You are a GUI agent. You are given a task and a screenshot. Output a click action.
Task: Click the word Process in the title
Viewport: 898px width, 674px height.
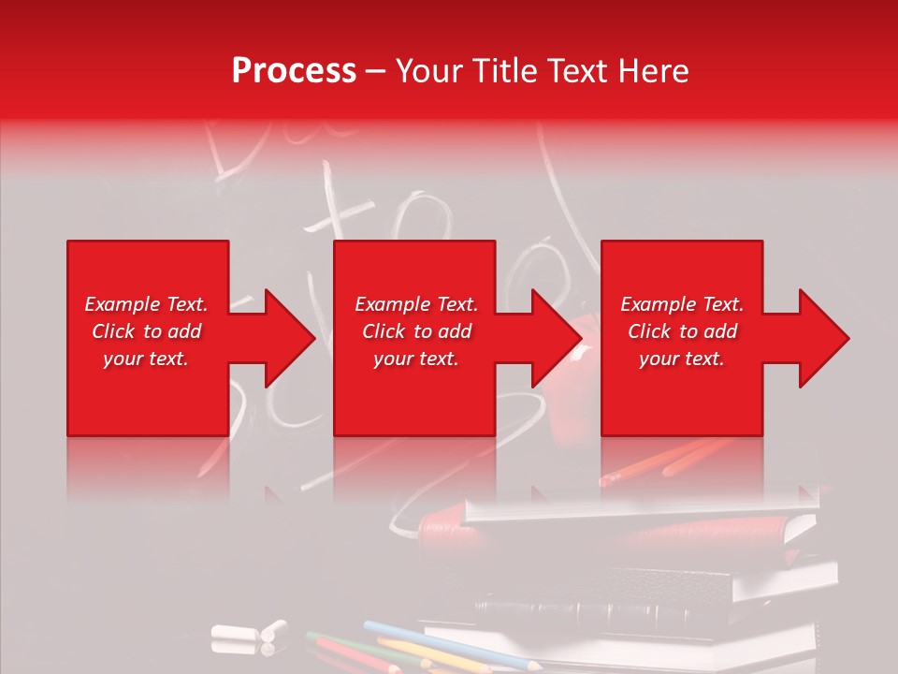(x=294, y=71)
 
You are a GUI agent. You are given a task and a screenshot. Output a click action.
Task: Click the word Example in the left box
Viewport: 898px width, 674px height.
(x=122, y=304)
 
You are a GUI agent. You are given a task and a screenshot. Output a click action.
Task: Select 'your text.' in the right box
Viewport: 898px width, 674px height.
(x=682, y=359)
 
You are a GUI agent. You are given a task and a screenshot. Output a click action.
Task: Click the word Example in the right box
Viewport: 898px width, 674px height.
(x=658, y=304)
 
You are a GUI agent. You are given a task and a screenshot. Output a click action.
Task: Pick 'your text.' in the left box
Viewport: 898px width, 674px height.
(x=146, y=359)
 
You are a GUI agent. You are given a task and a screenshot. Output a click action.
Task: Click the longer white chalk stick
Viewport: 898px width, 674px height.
(x=234, y=632)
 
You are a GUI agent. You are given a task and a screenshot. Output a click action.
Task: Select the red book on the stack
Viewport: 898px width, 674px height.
(x=608, y=531)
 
